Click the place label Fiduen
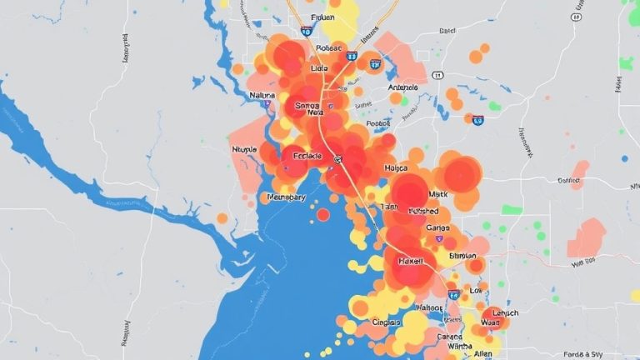(x=321, y=17)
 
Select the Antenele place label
(x=402, y=86)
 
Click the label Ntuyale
(x=246, y=149)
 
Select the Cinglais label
(x=387, y=322)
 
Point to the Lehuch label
(x=500, y=313)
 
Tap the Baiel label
(x=447, y=31)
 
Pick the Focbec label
(x=383, y=122)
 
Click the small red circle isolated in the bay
(x=323, y=215)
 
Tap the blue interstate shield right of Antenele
(x=478, y=120)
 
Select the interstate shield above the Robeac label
(x=307, y=31)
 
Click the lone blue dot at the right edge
(x=624, y=157)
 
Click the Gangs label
(x=437, y=227)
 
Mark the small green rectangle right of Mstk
(x=512, y=209)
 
